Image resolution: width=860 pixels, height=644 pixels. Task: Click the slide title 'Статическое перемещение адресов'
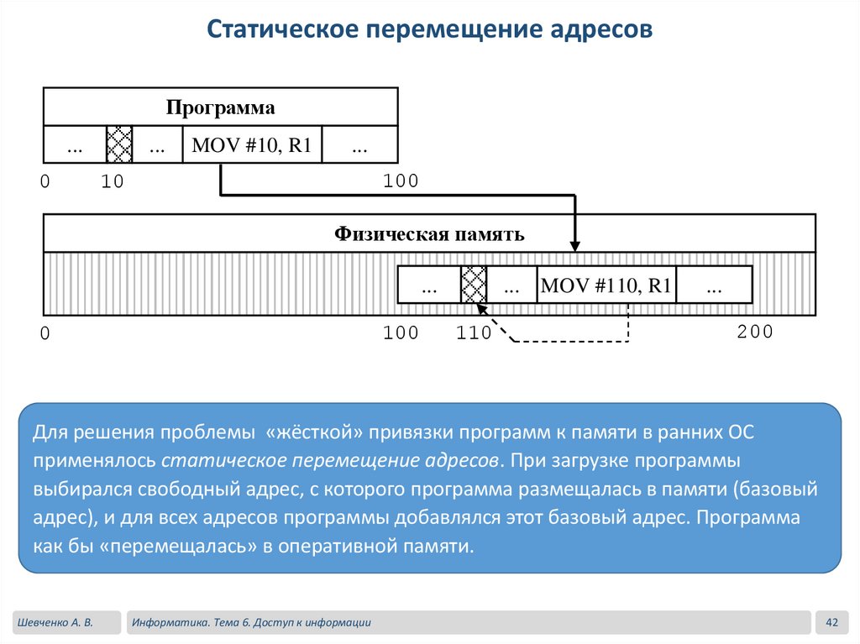point(429,30)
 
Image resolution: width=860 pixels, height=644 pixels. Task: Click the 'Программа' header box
point(220,107)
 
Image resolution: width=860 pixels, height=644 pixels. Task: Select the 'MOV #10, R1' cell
point(252,145)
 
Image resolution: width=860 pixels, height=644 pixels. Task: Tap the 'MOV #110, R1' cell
point(606,285)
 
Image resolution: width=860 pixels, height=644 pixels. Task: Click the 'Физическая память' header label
point(429,234)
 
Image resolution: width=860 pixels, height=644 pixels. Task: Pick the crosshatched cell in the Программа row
point(119,145)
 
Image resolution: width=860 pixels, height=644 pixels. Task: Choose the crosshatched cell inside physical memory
point(474,285)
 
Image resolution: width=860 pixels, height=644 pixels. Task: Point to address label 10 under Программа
point(112,181)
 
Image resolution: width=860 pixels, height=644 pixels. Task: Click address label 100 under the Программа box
point(401,181)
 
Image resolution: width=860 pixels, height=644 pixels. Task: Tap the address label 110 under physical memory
point(474,333)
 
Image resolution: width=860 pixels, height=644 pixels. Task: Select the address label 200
point(754,332)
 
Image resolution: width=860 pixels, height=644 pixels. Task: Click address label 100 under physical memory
point(401,333)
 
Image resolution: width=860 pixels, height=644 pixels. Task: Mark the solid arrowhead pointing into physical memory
point(574,244)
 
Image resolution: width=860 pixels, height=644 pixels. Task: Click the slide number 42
point(832,622)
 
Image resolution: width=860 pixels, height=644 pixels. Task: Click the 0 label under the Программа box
point(45,181)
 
